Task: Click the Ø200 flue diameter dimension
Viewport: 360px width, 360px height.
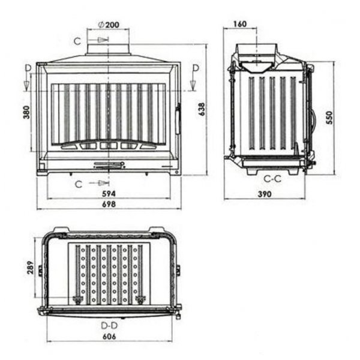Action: (x=108, y=25)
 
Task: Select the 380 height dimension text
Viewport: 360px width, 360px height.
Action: (x=26, y=113)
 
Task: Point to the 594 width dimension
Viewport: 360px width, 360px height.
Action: (x=109, y=193)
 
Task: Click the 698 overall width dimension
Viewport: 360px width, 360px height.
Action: (x=109, y=204)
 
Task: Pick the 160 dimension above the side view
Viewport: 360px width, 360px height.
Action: (x=239, y=24)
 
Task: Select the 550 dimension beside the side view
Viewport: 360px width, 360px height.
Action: (x=329, y=118)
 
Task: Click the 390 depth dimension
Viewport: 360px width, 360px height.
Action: (x=265, y=194)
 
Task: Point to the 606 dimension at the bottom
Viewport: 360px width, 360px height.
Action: (x=109, y=337)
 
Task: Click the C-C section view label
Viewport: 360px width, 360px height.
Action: (x=272, y=178)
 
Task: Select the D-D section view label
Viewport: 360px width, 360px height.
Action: (x=109, y=325)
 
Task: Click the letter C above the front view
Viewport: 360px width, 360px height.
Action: (x=77, y=40)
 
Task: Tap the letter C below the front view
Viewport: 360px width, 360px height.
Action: (x=79, y=184)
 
